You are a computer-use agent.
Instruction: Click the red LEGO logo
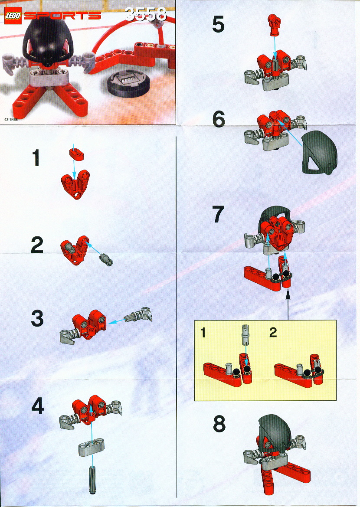[x=13, y=16]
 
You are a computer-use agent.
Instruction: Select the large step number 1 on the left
[x=36, y=158]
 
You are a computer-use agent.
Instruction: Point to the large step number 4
[x=38, y=406]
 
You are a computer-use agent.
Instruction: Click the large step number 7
[x=218, y=214]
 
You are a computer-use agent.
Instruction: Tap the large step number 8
[x=219, y=424]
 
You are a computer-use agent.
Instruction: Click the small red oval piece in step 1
[x=77, y=154]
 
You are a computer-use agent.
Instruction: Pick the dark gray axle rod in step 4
[x=92, y=480]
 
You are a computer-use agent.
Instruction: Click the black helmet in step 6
[x=320, y=153]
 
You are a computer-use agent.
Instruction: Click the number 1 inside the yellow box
[x=203, y=332]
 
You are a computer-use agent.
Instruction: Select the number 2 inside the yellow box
[x=273, y=332]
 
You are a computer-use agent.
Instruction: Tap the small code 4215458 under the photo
[x=11, y=119]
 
